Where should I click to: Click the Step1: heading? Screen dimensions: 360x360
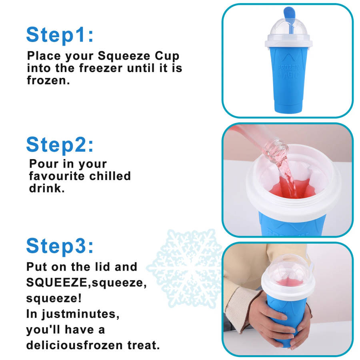[60, 35]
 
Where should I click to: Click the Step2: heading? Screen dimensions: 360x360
[60, 145]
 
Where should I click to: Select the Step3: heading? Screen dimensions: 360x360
[60, 246]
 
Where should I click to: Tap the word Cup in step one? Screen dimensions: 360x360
[167, 56]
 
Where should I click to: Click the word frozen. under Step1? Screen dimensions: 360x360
[48, 80]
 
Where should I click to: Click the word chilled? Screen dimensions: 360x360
[110, 176]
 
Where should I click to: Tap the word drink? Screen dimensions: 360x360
[47, 188]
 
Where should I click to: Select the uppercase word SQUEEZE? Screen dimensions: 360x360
[57, 282]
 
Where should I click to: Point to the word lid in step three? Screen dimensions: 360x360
[103, 267]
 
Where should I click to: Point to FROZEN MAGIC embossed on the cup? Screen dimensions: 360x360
[288, 71]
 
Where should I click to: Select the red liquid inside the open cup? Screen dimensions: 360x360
[292, 188]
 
